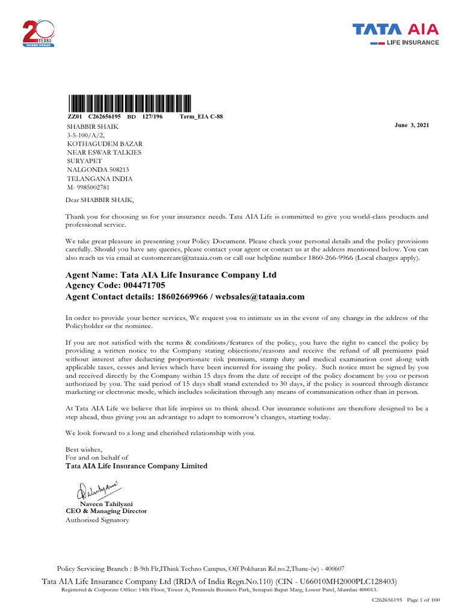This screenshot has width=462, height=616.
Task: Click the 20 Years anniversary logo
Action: point(38,33)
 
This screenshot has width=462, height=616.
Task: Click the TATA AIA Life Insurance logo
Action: point(395,33)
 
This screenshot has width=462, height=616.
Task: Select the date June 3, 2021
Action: point(411,124)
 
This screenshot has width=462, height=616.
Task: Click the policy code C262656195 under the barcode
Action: point(105,116)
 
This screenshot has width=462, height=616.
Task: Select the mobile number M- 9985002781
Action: point(88,187)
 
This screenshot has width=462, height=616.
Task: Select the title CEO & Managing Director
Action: point(106,511)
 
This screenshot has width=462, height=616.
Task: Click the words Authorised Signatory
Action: point(97,520)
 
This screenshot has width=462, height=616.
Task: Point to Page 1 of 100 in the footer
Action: point(423,600)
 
